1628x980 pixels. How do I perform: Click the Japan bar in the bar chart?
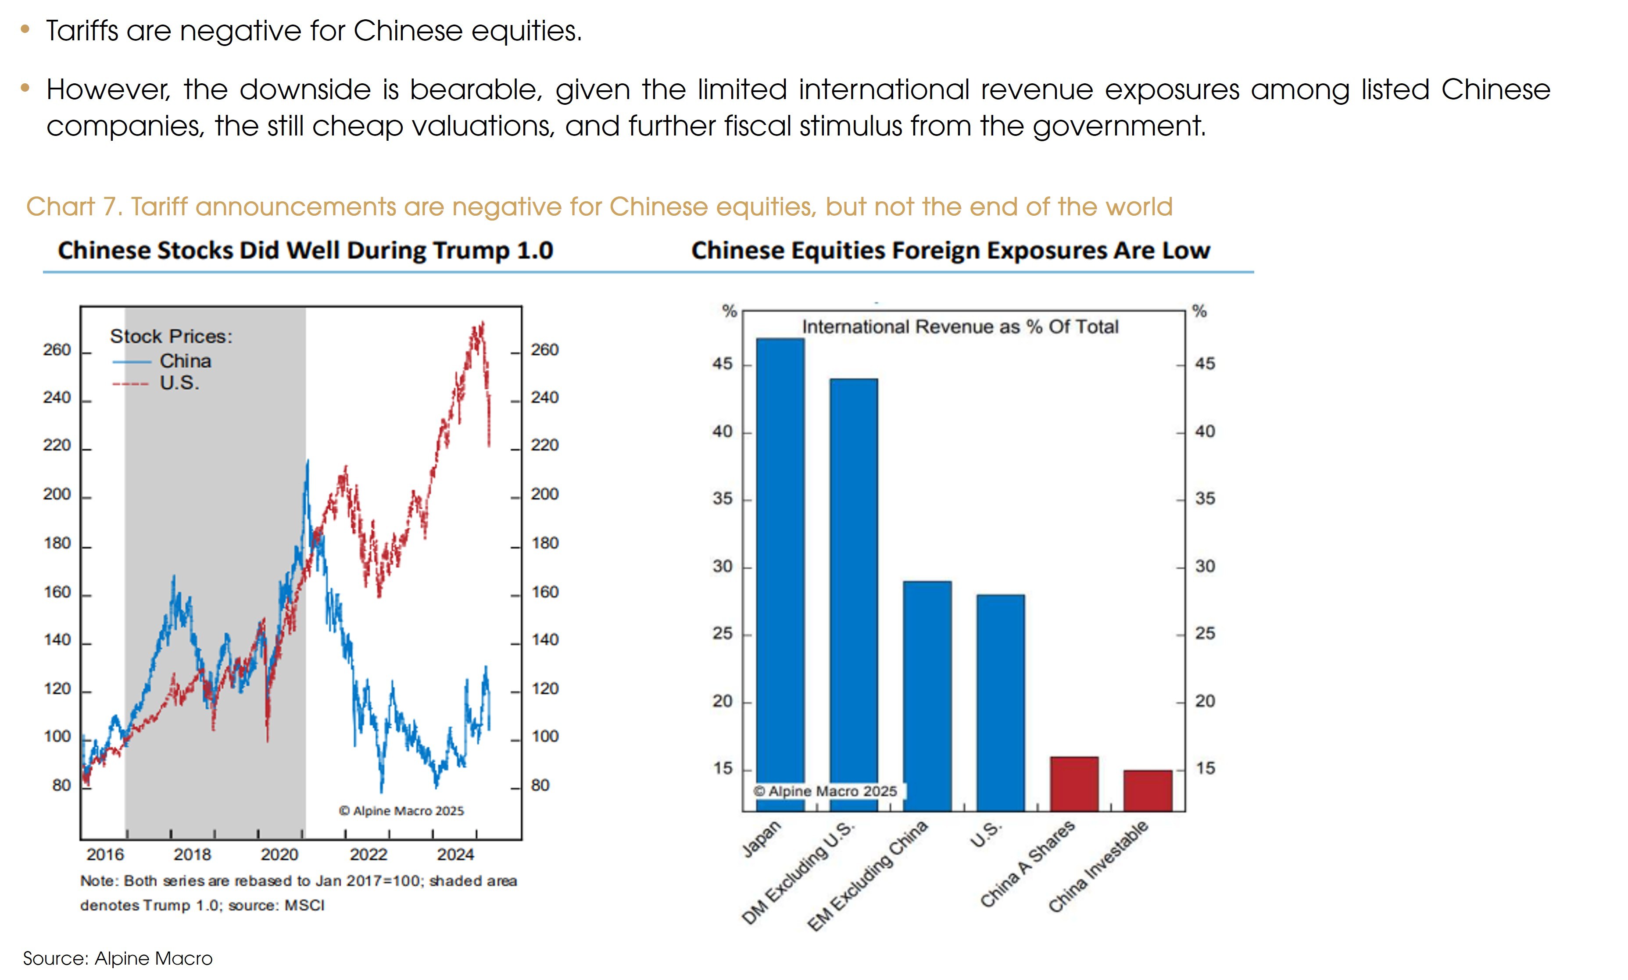[780, 574]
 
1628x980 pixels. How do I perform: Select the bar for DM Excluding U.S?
[854, 594]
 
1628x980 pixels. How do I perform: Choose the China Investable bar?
[1148, 791]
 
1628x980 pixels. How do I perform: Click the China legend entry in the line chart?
[185, 361]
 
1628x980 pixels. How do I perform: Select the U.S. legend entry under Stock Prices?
[179, 383]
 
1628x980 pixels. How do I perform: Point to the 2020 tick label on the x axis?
[279, 855]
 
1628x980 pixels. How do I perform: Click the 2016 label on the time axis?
[105, 855]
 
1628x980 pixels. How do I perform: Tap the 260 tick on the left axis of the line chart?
[57, 350]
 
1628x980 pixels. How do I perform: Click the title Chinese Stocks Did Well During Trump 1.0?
[305, 250]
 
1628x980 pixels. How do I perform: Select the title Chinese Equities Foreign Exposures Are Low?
[950, 250]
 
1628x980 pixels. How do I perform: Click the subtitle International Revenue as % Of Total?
[959, 327]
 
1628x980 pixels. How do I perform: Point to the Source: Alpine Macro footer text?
[118, 958]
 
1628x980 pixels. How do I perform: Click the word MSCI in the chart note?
[304, 905]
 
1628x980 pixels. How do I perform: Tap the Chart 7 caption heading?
[599, 207]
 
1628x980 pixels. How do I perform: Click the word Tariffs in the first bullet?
[82, 31]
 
